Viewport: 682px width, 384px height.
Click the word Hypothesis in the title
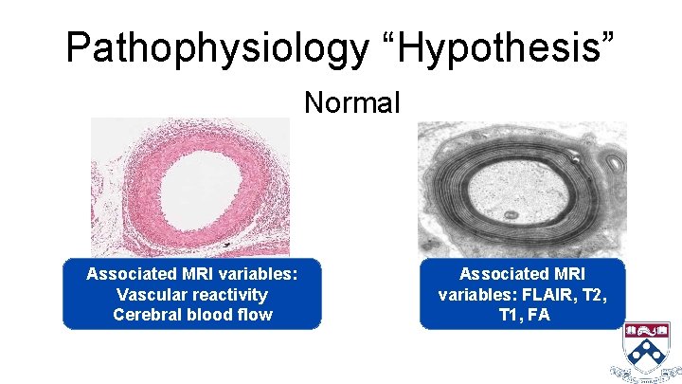506,46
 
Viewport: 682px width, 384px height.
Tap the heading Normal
352,101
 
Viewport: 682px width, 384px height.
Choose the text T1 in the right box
508,314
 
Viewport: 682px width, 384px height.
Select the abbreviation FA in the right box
539,314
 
